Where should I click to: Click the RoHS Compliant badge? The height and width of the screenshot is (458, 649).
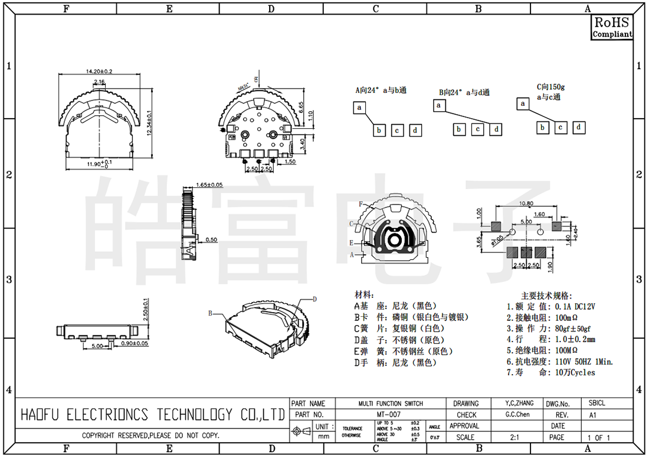(x=612, y=27)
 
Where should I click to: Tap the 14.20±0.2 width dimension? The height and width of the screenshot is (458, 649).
(x=99, y=72)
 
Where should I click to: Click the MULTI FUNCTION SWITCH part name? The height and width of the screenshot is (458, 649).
(x=391, y=404)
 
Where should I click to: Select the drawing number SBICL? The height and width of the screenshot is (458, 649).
(x=596, y=403)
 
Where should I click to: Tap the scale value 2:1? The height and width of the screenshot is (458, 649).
(x=514, y=437)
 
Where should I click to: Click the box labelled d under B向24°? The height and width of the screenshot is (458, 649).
(x=497, y=129)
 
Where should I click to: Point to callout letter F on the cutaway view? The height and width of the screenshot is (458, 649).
(x=360, y=204)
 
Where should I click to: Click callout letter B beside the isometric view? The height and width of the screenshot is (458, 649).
(x=209, y=313)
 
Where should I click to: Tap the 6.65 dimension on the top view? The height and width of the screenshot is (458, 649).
(x=301, y=107)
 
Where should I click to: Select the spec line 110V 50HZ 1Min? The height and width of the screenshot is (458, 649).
(x=575, y=361)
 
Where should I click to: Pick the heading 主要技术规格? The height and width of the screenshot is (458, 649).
(x=546, y=295)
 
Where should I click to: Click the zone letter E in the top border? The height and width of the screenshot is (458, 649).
(x=169, y=8)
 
